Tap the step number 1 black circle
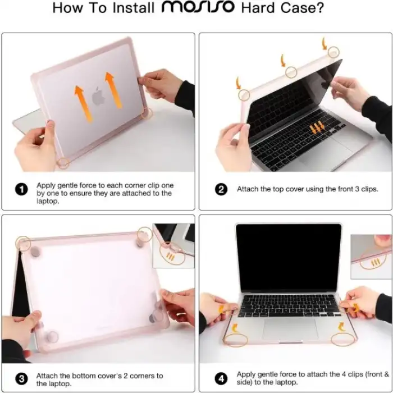click(22, 189)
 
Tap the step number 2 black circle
click(221, 189)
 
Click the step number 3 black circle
click(22, 379)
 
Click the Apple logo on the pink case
click(99, 97)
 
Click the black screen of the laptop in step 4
click(289, 257)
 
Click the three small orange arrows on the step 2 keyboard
click(317, 127)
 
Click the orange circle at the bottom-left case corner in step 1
click(64, 162)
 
